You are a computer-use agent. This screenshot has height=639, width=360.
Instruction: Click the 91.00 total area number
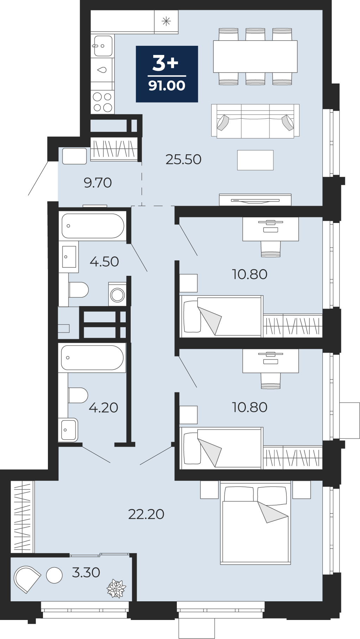click(x=167, y=86)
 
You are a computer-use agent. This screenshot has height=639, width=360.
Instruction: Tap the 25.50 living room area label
click(x=184, y=160)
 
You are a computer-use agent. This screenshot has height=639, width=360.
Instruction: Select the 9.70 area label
click(x=98, y=183)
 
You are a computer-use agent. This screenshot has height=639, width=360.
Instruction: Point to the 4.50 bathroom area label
click(x=104, y=262)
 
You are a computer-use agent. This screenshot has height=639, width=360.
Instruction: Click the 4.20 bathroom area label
click(x=104, y=408)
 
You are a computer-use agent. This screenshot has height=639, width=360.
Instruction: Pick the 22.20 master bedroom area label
click(x=146, y=514)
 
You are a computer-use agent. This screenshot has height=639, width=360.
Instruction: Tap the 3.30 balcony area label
click(x=86, y=572)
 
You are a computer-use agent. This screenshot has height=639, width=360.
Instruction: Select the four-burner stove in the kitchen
click(x=103, y=102)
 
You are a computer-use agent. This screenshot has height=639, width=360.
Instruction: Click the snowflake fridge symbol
click(x=166, y=21)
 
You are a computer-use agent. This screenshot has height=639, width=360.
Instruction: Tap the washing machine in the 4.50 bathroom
click(x=117, y=294)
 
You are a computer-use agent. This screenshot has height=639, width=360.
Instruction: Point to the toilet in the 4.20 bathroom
click(x=78, y=395)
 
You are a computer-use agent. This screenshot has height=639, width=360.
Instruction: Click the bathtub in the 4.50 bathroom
click(x=93, y=226)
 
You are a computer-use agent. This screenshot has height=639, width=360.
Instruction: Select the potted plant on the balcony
click(x=116, y=588)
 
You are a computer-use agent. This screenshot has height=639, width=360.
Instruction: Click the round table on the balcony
click(x=54, y=575)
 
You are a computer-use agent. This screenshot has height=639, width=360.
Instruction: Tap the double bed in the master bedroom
click(x=255, y=523)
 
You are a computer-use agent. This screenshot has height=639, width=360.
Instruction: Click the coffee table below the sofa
click(x=255, y=160)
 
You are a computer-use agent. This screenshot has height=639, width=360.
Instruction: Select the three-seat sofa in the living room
click(x=255, y=121)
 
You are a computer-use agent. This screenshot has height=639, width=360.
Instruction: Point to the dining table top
click(x=255, y=56)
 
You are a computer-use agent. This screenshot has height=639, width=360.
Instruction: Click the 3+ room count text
click(x=166, y=63)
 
